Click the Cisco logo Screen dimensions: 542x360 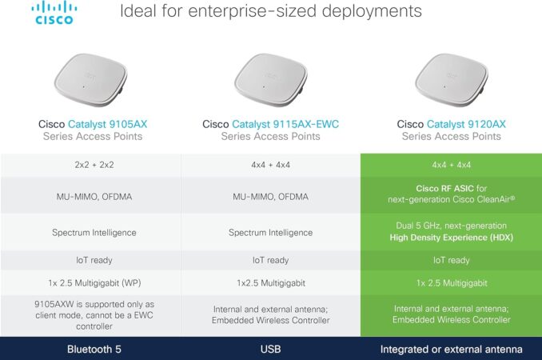pyautogui.click(x=54, y=13)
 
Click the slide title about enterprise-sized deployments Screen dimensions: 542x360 pyautogui.click(x=271, y=10)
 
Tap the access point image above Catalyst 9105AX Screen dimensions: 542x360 pyautogui.click(x=91, y=79)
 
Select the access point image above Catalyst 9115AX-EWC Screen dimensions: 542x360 pyautogui.click(x=271, y=79)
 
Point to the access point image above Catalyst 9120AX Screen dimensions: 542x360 pyautogui.click(x=452, y=79)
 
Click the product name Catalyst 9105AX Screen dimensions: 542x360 pyautogui.click(x=107, y=124)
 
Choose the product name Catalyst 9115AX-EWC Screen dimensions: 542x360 pyautogui.click(x=285, y=124)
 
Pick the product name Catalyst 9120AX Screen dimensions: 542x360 pyautogui.click(x=466, y=124)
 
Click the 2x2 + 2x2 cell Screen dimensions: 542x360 pyautogui.click(x=94, y=165)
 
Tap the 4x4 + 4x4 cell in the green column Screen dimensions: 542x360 pyautogui.click(x=452, y=165)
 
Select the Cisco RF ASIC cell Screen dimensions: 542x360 pyautogui.click(x=452, y=194)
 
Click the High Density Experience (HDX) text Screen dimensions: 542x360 pyautogui.click(x=452, y=238)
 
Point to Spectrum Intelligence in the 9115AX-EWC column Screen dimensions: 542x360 pyautogui.click(x=271, y=233)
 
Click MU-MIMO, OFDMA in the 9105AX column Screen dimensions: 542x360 pyautogui.click(x=94, y=197)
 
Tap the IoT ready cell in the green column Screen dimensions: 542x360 pyautogui.click(x=452, y=260)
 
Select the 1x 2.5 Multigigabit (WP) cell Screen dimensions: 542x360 pyautogui.click(x=94, y=283)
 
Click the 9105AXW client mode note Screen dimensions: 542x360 pyautogui.click(x=94, y=315)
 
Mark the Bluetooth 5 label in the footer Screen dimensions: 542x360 pyautogui.click(x=94, y=350)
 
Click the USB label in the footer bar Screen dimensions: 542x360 pyautogui.click(x=271, y=350)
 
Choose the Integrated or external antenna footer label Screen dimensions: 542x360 pyautogui.click(x=452, y=350)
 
